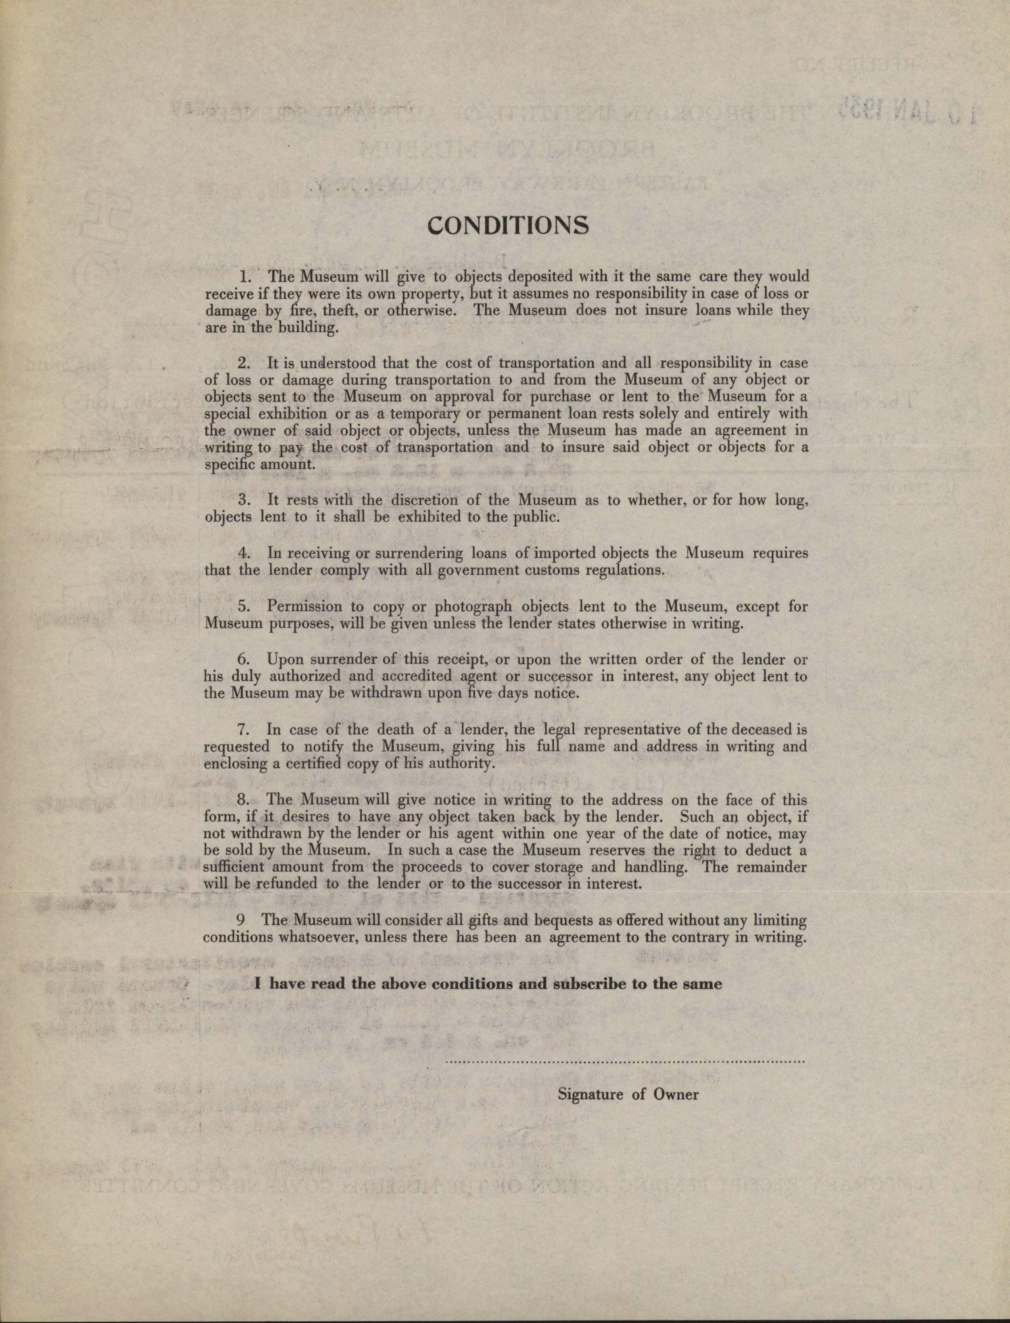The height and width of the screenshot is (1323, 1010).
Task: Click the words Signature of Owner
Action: pyautogui.click(x=628, y=1094)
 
